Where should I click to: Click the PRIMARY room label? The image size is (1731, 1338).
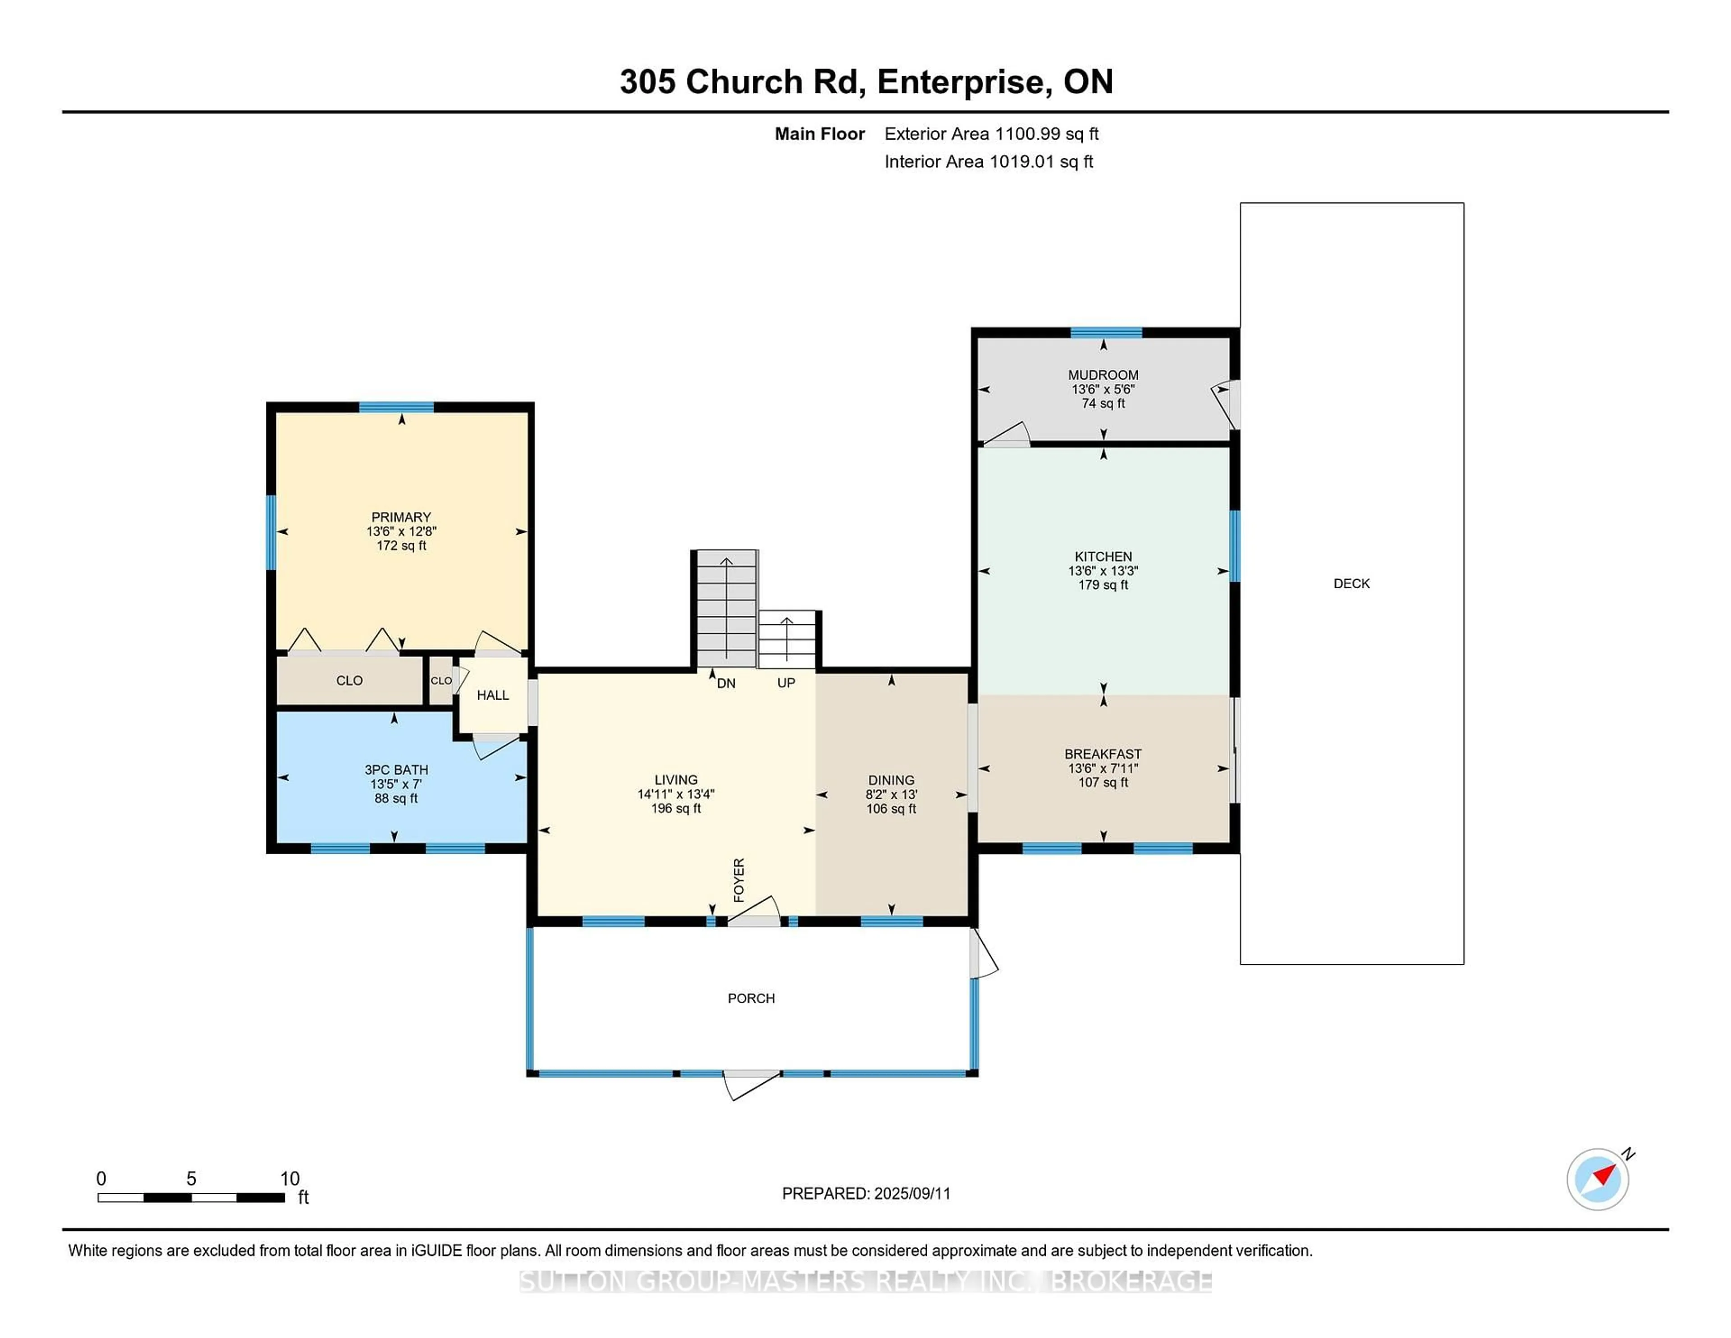(x=401, y=517)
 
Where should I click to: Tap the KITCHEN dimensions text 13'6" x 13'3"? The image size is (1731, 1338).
(x=1103, y=571)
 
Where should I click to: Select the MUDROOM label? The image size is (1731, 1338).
(x=1103, y=375)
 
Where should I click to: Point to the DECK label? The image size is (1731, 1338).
(x=1351, y=583)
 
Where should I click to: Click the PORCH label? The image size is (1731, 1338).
(x=751, y=998)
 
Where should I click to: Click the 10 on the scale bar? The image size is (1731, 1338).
(x=290, y=1179)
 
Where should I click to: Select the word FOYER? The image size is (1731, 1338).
(x=739, y=880)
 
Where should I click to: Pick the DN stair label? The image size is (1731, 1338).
(x=726, y=683)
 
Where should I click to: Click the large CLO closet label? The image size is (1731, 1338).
(x=349, y=681)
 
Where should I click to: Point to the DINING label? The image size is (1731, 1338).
(x=891, y=780)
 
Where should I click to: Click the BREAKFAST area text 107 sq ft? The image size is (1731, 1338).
(x=1103, y=782)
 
